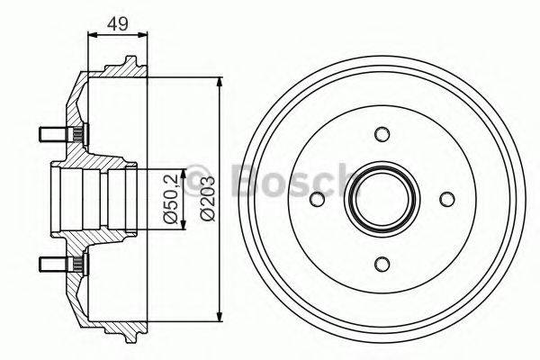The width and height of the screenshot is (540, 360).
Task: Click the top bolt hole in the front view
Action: tap(382, 135)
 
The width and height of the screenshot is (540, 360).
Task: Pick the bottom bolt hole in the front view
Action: tap(382, 263)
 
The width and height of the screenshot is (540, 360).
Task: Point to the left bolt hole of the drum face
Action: tap(318, 200)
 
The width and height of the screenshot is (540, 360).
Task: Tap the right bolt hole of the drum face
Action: tap(446, 200)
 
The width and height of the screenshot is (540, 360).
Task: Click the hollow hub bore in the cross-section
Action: tap(85, 199)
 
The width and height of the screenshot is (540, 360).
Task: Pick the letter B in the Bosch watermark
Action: tap(246, 180)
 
